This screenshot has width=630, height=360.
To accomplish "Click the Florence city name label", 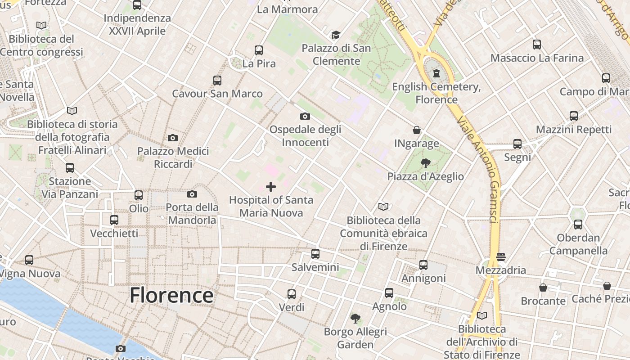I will point(171,295).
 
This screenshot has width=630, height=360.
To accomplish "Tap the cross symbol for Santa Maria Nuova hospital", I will point(271,186).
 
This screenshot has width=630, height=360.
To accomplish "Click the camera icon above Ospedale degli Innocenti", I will point(305,116).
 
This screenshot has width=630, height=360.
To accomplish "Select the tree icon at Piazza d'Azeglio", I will point(425,163).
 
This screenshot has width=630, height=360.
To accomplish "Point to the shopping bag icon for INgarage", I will point(417,130).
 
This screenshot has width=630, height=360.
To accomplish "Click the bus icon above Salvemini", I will point(315,254).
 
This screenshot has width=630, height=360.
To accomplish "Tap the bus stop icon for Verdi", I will point(292,294).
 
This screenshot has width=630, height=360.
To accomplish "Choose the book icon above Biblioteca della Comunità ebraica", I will point(383,207).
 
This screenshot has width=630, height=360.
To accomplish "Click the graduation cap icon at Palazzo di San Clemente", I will point(336,35).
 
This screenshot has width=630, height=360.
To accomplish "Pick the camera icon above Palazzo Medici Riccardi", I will point(173,138).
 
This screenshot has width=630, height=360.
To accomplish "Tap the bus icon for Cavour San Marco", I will point(217,81).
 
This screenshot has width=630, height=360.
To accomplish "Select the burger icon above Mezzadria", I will point(501,257).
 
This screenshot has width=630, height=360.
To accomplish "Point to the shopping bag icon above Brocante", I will point(543,288).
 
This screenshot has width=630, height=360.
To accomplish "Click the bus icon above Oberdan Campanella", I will point(578,224).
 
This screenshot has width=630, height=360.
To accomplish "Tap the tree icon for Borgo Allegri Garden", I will point(355,319).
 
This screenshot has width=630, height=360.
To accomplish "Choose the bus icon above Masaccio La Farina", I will point(537,45).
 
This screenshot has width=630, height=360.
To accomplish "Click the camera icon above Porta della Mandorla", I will point(192,194).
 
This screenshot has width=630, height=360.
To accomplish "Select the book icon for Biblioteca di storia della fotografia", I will point(72,111).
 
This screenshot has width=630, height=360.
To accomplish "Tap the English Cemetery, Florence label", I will point(436,93).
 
